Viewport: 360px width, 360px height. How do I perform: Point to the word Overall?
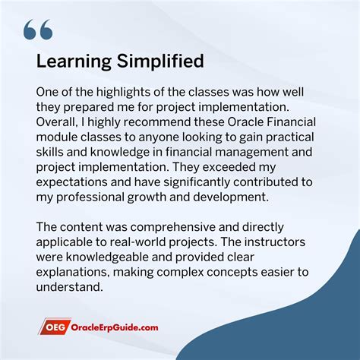(x=58, y=122)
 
